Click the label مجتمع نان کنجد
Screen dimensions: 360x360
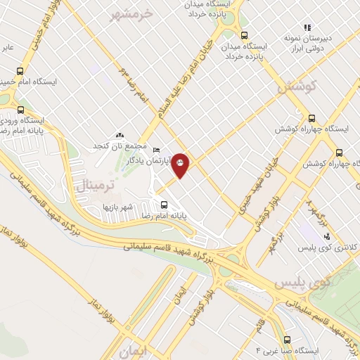point(120,146)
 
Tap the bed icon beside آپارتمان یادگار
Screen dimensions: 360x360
point(156,150)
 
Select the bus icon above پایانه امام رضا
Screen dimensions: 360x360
point(164,205)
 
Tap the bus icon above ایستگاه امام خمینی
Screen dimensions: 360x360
point(19,71)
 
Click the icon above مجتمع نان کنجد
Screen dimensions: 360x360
point(119,135)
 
